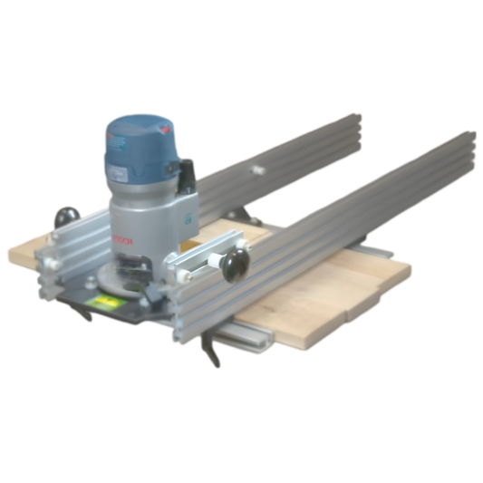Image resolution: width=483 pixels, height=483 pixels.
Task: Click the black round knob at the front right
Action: pyautogui.click(x=235, y=264)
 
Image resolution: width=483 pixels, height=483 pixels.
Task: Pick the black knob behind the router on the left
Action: pyautogui.click(x=64, y=218)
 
